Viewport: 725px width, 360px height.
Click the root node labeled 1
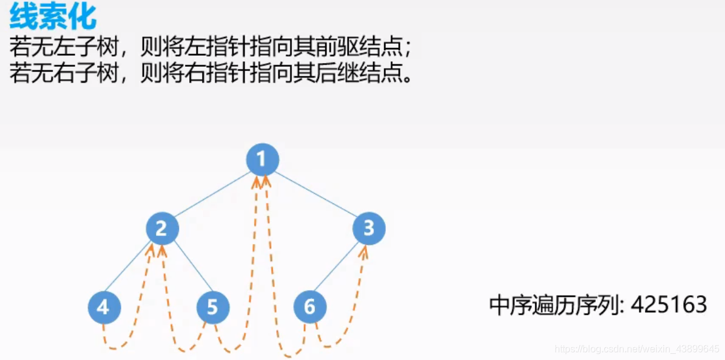coord(262,160)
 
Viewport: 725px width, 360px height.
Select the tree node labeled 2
coord(162,229)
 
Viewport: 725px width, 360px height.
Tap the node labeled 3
coord(369,229)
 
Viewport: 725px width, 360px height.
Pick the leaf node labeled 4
coord(104,307)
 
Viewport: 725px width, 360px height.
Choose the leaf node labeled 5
coord(212,307)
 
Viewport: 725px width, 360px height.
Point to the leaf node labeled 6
coord(309,307)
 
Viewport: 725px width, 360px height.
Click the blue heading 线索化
coord(53,18)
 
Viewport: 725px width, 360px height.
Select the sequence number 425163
coord(669,305)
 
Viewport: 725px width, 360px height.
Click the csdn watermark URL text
coord(637,349)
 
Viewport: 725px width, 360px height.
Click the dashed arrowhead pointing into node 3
coord(363,251)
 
